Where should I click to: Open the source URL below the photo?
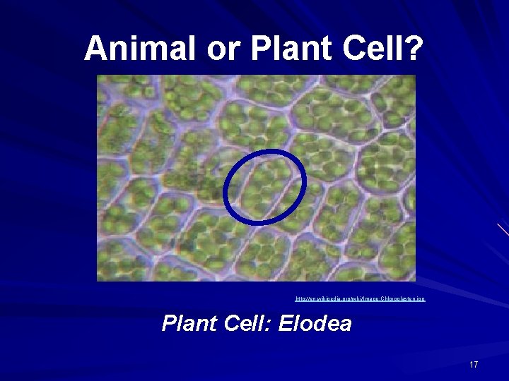tap(360, 300)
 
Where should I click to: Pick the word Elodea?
tap(315, 324)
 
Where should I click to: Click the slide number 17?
tap(474, 364)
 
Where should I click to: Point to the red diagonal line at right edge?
tap(503, 229)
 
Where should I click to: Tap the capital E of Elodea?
tap(286, 324)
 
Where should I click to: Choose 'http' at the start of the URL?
tap(300, 300)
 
